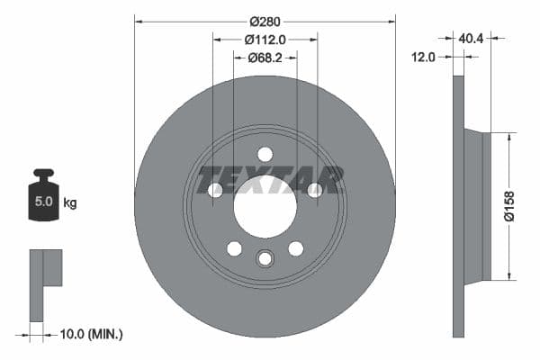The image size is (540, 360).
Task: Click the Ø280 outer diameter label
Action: tap(265, 20)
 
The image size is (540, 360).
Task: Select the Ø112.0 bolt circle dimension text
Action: tap(265, 39)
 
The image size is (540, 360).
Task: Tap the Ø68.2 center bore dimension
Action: tap(265, 58)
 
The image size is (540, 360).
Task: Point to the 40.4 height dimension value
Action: tap(472, 39)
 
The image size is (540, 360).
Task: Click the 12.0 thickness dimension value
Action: tap(423, 57)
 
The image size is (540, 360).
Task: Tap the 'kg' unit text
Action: tap(70, 202)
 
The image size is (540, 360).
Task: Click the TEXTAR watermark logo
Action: tap(271, 179)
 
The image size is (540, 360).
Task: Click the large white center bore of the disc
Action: tap(265, 207)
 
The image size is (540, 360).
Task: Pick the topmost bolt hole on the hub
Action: tap(265, 154)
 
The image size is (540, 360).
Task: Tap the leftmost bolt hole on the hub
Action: tap(214, 190)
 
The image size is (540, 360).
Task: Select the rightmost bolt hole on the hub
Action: tap(315, 190)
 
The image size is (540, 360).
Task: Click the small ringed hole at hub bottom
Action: tap(265, 258)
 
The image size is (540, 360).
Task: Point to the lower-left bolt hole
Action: tap(234, 248)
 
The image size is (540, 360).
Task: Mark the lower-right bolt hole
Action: tap(295, 248)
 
